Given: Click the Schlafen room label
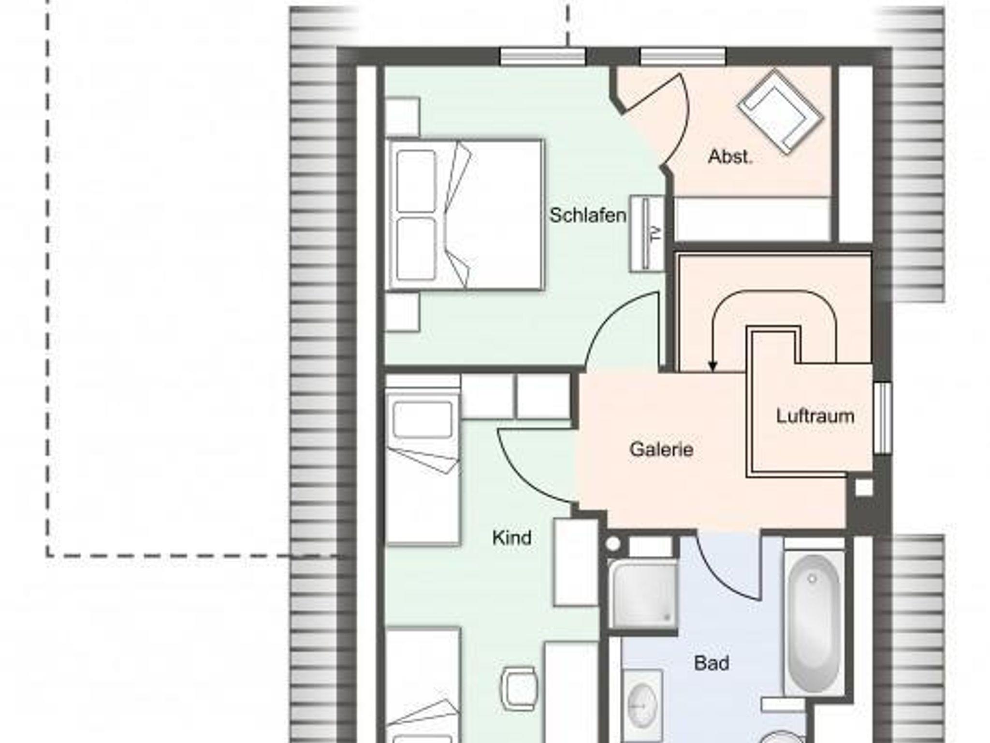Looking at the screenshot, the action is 588,215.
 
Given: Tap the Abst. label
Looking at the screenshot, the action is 730,156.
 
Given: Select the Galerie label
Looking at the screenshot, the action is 661,449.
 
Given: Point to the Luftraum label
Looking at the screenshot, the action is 815,416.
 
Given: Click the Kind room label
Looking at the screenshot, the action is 512,537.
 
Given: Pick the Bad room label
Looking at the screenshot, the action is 712,663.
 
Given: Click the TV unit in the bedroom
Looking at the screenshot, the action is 647,233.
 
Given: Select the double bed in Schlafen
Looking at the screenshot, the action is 465,214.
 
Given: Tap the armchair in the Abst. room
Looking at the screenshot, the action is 780,112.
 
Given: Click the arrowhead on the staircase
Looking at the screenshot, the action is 712,367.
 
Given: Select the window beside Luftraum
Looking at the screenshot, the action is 883,418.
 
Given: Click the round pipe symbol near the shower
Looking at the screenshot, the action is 612,544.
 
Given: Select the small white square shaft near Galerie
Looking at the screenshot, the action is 864,488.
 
